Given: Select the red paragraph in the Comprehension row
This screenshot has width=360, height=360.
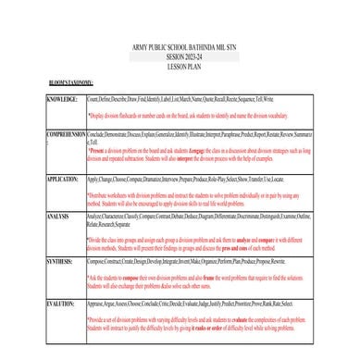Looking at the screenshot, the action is (x=198, y=153).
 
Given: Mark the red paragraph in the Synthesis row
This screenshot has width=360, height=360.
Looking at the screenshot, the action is (x=198, y=281).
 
